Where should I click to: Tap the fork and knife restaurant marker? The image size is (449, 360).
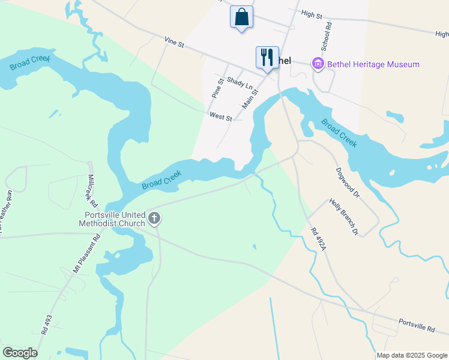pos(267,58)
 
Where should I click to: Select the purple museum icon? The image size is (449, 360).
pos(318,64)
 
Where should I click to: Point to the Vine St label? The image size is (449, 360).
pos(173,41)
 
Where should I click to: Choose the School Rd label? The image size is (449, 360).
pos(326,37)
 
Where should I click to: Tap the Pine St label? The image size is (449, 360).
pos(218,88)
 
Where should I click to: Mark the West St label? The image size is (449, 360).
pos(220,117)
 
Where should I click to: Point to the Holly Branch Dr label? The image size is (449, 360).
pos(343,217)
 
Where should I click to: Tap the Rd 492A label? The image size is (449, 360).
pos(318,239)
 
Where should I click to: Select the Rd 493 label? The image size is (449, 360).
pos(46,324)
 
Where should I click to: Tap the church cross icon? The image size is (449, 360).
pos(154,218)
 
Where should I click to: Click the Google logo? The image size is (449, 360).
pos(20,353)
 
